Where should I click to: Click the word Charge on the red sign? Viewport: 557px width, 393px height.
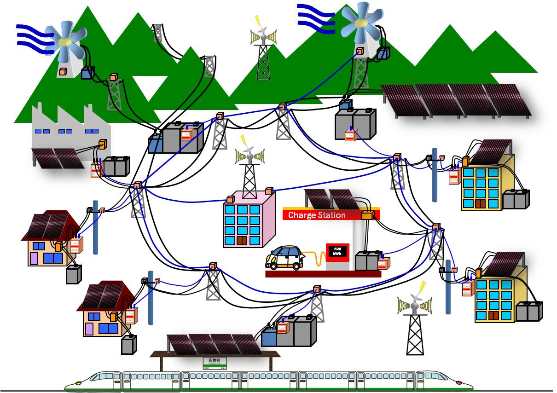[x=302, y=215]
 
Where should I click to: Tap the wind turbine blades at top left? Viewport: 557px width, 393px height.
[x=67, y=41]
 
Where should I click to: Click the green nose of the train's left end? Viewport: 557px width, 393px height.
[x=76, y=383]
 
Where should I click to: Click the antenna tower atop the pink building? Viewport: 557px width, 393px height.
[x=249, y=170]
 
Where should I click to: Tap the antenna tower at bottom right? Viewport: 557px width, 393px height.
[x=415, y=327]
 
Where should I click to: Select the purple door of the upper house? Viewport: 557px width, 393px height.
[x=33, y=258]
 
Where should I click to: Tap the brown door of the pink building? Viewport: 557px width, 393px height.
[x=242, y=240]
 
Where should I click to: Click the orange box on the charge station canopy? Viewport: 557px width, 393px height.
[x=367, y=215]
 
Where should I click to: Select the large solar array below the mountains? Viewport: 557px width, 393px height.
[x=456, y=100]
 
